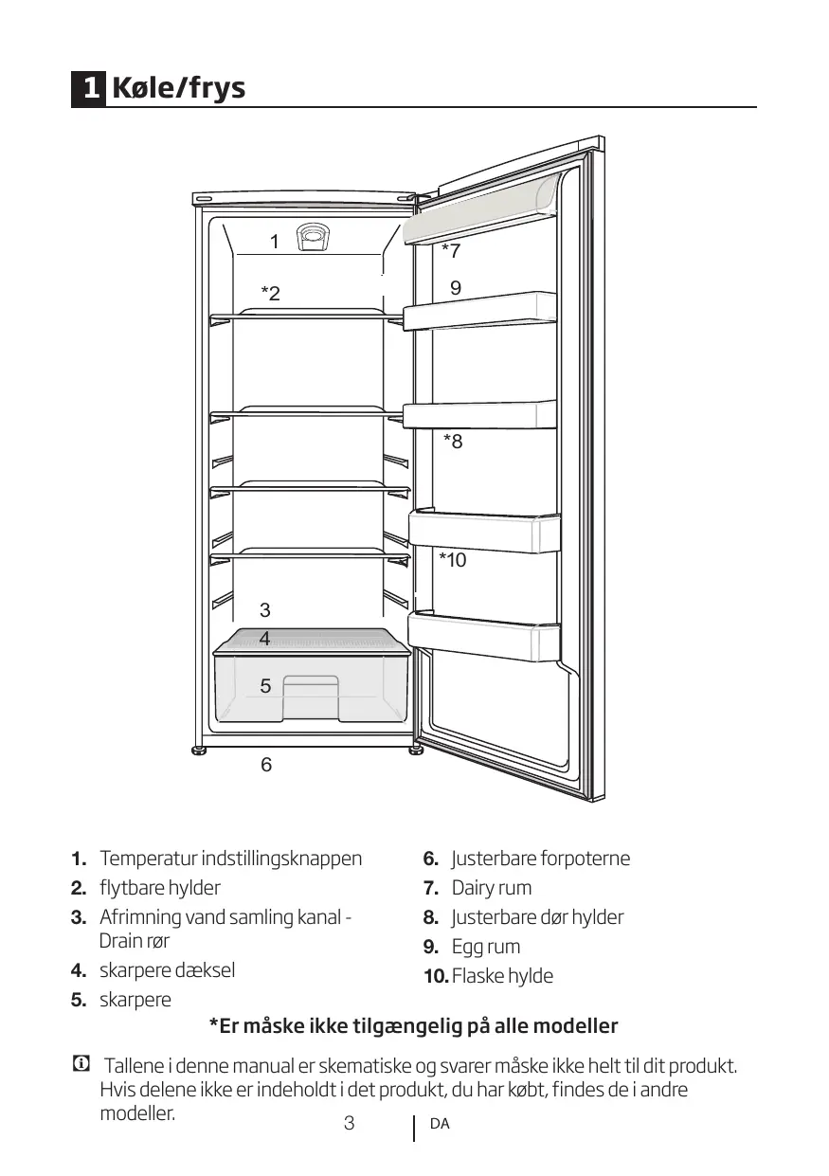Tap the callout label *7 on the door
pyautogui.click(x=451, y=251)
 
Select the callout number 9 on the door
pyautogui.click(x=456, y=287)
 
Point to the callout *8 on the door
pyautogui.click(x=453, y=441)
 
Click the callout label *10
pyautogui.click(x=453, y=560)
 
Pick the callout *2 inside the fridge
pyautogui.click(x=271, y=294)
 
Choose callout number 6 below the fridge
pyautogui.click(x=266, y=764)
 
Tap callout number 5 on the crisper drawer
pyautogui.click(x=265, y=686)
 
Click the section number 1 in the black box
pyautogui.click(x=89, y=89)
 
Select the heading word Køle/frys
pyautogui.click(x=178, y=89)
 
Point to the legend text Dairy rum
pyautogui.click(x=491, y=888)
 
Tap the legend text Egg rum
pyautogui.click(x=485, y=947)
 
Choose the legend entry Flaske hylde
pyautogui.click(x=502, y=976)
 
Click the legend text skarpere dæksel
pyautogui.click(x=167, y=970)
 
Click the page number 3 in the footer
pyautogui.click(x=349, y=1124)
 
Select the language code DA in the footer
pyautogui.click(x=440, y=1125)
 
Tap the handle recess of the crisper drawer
pyautogui.click(x=312, y=690)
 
